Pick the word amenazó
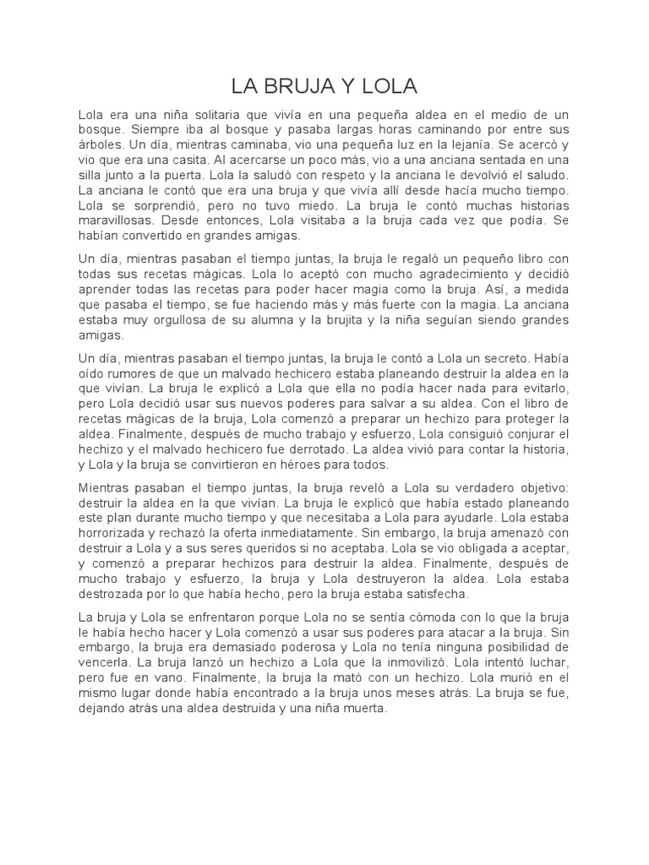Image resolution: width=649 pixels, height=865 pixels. click(x=515, y=532)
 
